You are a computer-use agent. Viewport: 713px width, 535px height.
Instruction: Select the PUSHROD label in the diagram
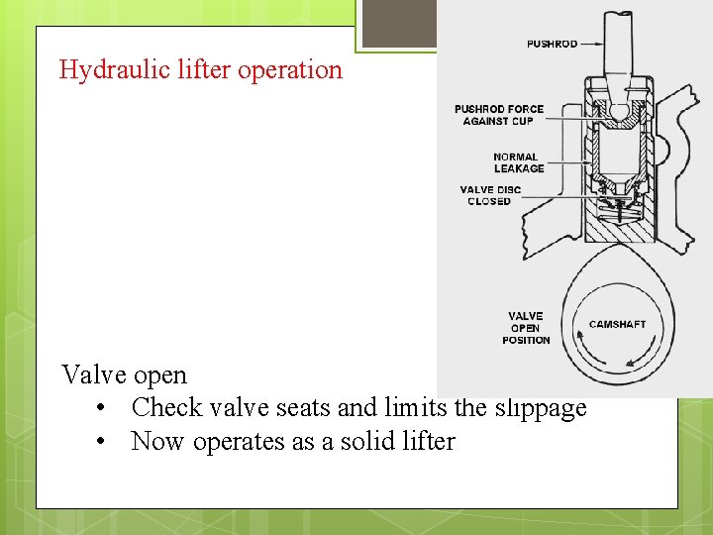pos(553,44)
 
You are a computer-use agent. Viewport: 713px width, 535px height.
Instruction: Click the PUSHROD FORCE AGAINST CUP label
pos(499,115)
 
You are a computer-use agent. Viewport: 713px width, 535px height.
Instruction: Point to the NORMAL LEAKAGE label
pos(518,162)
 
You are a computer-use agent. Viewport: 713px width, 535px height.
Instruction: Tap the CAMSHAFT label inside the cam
pos(617,324)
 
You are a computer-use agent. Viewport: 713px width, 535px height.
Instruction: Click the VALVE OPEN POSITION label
pos(526,328)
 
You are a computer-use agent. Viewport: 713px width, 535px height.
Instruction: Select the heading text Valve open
pos(124,374)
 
